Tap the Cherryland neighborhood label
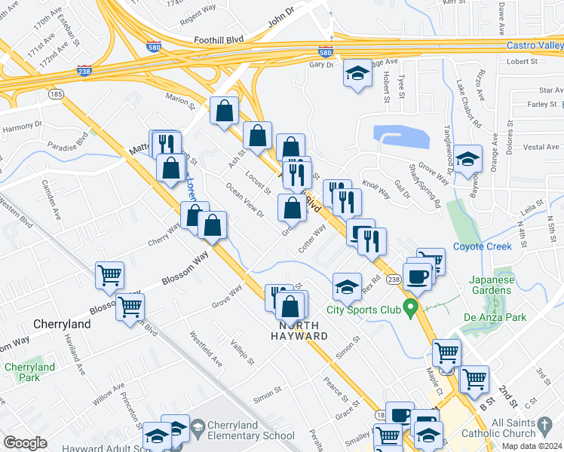point(62,324)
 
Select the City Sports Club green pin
point(410,307)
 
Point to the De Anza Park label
point(515,317)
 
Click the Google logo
point(24,443)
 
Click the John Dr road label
point(279,14)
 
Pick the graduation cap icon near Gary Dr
point(357,73)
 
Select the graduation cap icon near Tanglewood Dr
point(468,159)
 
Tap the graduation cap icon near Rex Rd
point(347,286)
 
